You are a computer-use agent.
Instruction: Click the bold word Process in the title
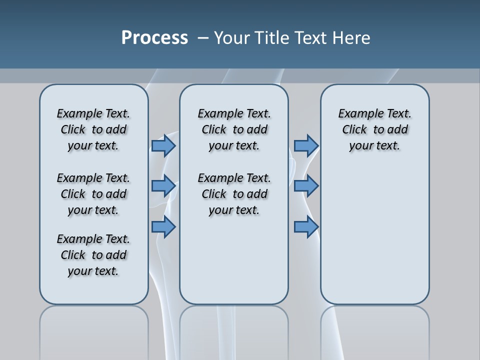point(154,38)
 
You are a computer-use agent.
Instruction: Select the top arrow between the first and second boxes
point(163,145)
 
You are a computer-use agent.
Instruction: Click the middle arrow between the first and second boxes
point(163,186)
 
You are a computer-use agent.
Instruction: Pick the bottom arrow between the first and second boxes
point(163,227)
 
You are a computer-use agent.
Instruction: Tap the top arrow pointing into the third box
point(306,145)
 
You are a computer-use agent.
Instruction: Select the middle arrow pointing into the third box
point(306,186)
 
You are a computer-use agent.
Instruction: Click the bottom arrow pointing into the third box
point(306,227)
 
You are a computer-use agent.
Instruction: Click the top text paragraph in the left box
point(93,129)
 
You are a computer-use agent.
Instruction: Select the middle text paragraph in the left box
point(93,194)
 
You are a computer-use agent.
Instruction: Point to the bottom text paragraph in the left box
point(93,255)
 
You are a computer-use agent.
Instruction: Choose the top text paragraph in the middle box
point(234,129)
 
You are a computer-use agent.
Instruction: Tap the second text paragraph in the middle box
point(234,194)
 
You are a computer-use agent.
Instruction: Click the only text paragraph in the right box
point(375,129)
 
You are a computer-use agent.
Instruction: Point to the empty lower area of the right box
point(375,240)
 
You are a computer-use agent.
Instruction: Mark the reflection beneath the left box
point(94,330)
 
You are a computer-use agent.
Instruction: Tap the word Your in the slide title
point(232,38)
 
